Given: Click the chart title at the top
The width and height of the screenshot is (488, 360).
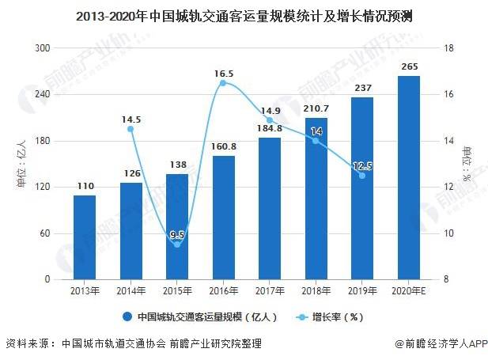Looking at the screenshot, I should [x=244, y=15].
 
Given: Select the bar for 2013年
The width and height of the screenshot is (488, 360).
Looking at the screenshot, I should [x=85, y=237].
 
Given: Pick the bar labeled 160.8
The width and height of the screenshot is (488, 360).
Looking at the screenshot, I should [x=223, y=218].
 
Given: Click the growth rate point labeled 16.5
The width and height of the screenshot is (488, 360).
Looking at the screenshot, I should [x=223, y=83].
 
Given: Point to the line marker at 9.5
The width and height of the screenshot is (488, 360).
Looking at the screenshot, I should [x=177, y=244].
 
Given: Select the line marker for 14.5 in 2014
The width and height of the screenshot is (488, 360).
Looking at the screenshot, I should [x=131, y=129].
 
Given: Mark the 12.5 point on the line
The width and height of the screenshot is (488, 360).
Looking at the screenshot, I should [x=362, y=175].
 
